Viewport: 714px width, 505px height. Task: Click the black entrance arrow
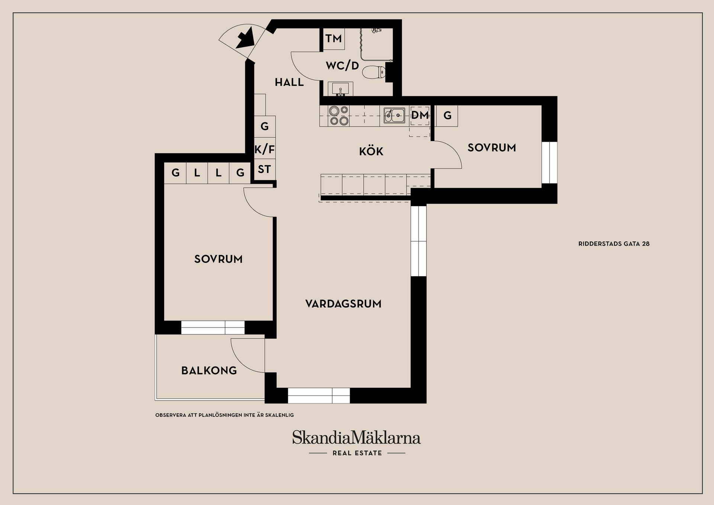coord(245,39)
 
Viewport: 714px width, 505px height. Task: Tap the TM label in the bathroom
coord(334,38)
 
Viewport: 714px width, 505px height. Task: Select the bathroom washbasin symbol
coord(340,90)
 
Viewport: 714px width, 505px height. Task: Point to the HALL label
coord(289,82)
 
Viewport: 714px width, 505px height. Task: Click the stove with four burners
coord(339,115)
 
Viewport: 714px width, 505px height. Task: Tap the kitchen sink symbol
coord(394,115)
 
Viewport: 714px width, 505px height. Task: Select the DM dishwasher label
coord(420,115)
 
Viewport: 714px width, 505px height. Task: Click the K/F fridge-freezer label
coord(264,150)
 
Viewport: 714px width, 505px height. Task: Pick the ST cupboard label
coord(264,169)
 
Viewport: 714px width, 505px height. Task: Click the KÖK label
coord(371,151)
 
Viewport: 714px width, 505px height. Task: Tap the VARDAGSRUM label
coord(343,304)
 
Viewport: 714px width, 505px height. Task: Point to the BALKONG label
coord(209,371)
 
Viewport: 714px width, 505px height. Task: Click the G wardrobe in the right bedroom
coord(447,116)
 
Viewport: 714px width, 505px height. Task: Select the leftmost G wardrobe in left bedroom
coord(176,173)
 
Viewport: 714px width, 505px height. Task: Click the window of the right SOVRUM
coord(549,162)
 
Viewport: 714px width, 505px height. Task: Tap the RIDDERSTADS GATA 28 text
coord(614,244)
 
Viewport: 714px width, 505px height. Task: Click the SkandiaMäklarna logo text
coord(356,438)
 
